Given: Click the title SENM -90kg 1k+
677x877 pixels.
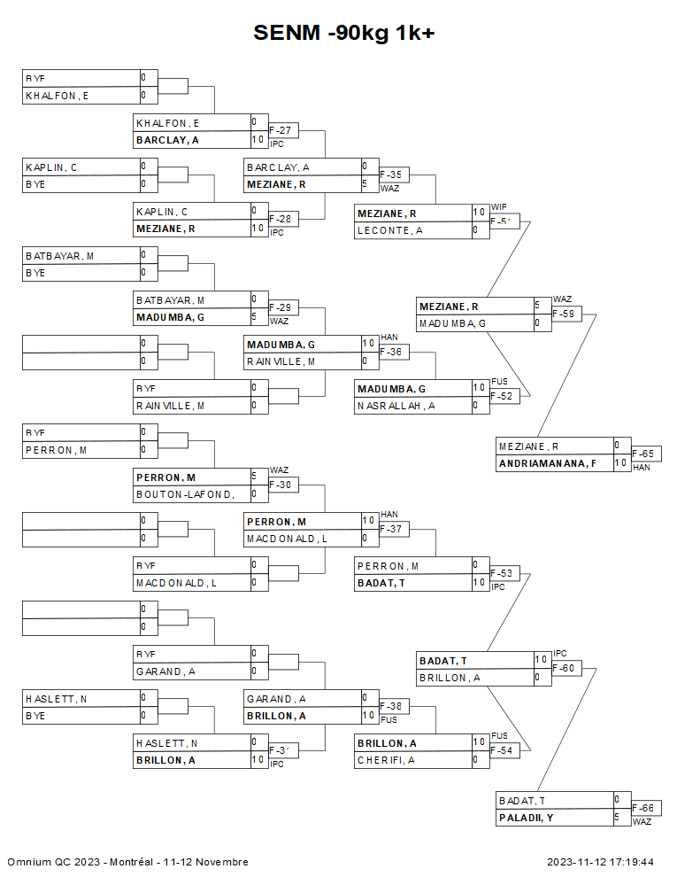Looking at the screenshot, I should [344, 33].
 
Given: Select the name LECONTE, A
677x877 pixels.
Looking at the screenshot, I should [390, 230].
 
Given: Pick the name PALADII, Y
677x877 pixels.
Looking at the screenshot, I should [526, 818].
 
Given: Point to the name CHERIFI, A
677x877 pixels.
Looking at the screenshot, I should [387, 760].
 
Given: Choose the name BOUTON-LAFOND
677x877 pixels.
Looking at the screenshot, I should [185, 494].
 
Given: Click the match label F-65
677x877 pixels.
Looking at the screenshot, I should [645, 454].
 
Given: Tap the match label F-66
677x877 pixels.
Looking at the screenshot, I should [645, 808].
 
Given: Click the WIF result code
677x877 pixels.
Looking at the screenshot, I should [499, 206].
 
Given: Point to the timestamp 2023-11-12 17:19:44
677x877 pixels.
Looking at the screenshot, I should [600, 862].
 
